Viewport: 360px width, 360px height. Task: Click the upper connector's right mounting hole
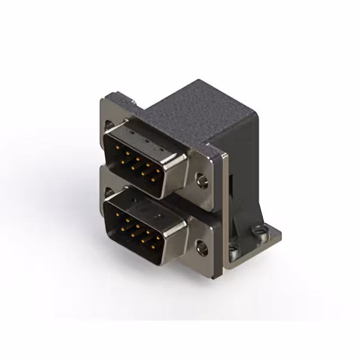coord(201,181)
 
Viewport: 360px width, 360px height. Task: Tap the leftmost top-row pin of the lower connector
coord(116,213)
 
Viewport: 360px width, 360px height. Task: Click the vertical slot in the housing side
coord(232,191)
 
